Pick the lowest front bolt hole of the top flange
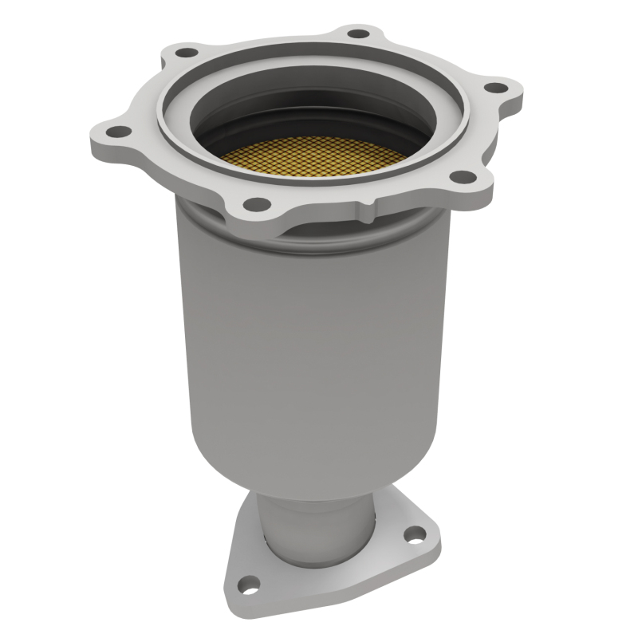(255, 204)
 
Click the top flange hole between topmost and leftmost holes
(186, 53)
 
